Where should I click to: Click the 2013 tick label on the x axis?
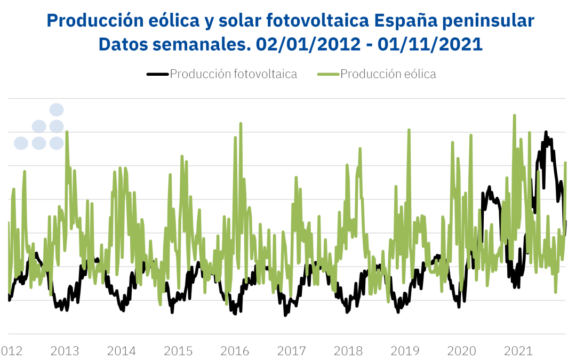tap(65, 351)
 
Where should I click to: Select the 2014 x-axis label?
tap(122, 351)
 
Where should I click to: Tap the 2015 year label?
tap(178, 351)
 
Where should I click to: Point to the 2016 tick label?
tap(235, 351)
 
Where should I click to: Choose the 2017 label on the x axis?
tap(292, 351)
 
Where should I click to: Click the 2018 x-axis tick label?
tap(348, 351)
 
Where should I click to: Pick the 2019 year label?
tap(405, 351)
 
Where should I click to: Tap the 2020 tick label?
tap(462, 351)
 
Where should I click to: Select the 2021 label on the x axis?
tap(518, 351)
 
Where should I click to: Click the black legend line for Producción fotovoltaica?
tap(157, 74)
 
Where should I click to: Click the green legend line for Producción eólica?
tap(328, 74)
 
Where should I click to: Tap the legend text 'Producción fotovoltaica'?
tap(234, 74)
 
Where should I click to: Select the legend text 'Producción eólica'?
tap(388, 74)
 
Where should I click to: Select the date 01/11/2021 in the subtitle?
tap(430, 44)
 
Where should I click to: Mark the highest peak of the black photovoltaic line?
tap(546, 131)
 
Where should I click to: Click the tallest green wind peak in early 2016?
tap(241, 123)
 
